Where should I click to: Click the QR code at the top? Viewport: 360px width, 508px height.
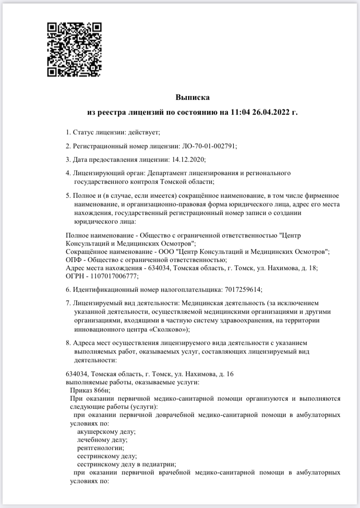[x=74, y=49]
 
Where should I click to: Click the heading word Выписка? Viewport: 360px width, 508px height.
[x=192, y=97]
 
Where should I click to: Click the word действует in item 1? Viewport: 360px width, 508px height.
[x=143, y=132]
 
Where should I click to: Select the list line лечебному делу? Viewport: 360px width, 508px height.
[x=102, y=440]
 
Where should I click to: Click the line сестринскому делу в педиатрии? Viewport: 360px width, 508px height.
[x=126, y=464]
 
